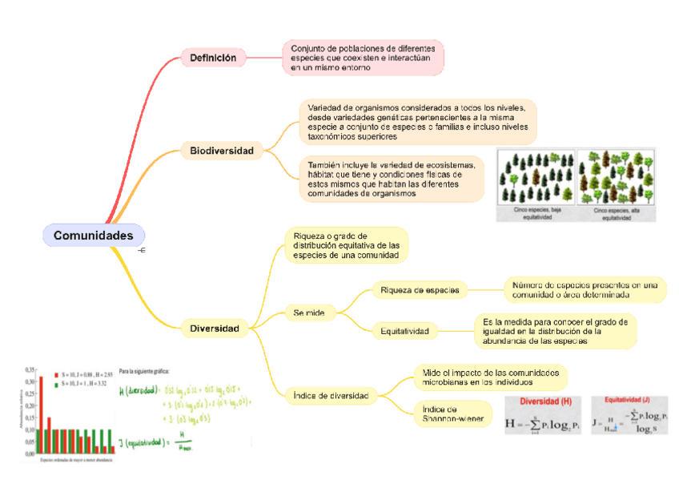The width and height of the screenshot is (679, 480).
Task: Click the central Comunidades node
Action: tap(93, 236)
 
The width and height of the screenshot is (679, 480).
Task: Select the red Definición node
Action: tap(213, 58)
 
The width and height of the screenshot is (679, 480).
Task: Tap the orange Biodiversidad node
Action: tap(221, 151)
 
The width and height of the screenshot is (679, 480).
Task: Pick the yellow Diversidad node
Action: tap(215, 329)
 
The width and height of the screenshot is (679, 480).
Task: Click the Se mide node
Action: tap(309, 313)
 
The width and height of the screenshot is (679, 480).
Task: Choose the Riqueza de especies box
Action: tap(420, 289)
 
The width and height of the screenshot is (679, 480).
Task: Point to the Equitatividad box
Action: tap(405, 331)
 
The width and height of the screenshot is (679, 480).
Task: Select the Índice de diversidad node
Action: tap(330, 396)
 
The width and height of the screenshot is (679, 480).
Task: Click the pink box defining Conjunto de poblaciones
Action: tap(362, 58)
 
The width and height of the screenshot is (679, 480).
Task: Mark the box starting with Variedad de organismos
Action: tap(416, 122)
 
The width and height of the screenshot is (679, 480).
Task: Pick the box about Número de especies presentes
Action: tap(584, 289)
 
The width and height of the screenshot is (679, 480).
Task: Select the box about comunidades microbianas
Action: tap(490, 377)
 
